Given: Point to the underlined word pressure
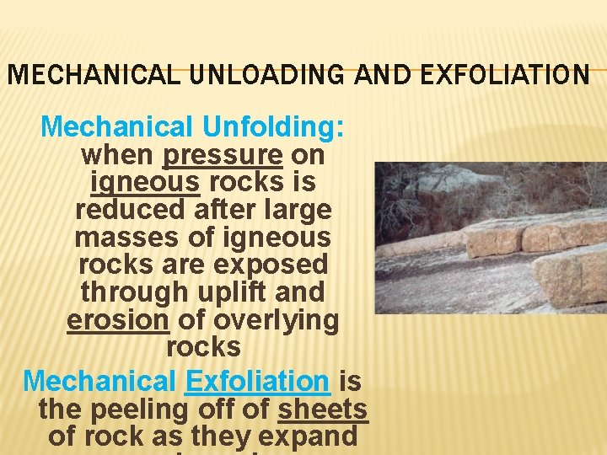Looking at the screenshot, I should [223, 155].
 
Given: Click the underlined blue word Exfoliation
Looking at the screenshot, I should [257, 381].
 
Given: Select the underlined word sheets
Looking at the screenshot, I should [323, 409].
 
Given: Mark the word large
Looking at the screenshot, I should [297, 209].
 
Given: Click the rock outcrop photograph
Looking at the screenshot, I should [490, 238].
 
